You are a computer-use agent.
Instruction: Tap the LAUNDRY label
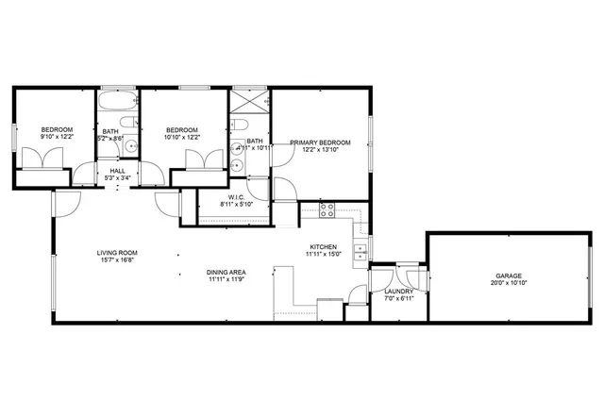pyautogui.click(x=400, y=292)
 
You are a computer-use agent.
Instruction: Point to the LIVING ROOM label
pyautogui.click(x=118, y=253)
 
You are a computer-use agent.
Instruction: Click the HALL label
pyautogui.click(x=118, y=171)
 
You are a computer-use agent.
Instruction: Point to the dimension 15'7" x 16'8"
pyautogui.click(x=118, y=260)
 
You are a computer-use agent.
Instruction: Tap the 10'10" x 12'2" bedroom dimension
pyautogui.click(x=181, y=137)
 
